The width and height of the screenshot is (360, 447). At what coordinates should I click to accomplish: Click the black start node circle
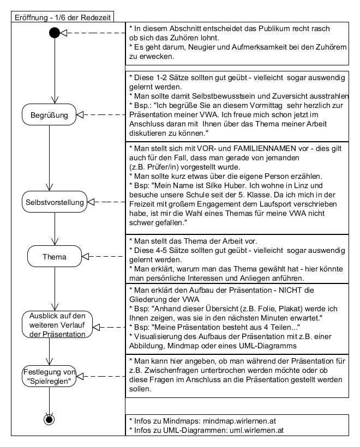click(x=55, y=33)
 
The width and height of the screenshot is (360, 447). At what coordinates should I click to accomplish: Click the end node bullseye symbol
click(x=50, y=419)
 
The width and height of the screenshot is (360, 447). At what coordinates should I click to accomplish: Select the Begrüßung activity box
click(x=50, y=115)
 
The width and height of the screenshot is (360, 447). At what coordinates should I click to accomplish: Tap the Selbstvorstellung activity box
click(x=55, y=202)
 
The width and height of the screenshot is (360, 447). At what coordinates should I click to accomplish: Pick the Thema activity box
click(x=55, y=255)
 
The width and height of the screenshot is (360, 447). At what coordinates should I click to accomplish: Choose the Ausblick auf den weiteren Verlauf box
click(x=57, y=326)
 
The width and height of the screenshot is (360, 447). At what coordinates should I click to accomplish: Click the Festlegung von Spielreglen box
click(x=50, y=376)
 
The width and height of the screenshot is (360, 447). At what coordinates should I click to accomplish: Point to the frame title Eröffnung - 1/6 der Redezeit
click(x=62, y=17)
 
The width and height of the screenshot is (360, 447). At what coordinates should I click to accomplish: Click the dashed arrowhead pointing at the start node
click(x=64, y=33)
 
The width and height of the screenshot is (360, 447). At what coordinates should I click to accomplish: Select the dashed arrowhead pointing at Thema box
click(x=86, y=255)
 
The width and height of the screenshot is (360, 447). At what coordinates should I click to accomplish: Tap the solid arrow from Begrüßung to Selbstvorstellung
click(x=50, y=158)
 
